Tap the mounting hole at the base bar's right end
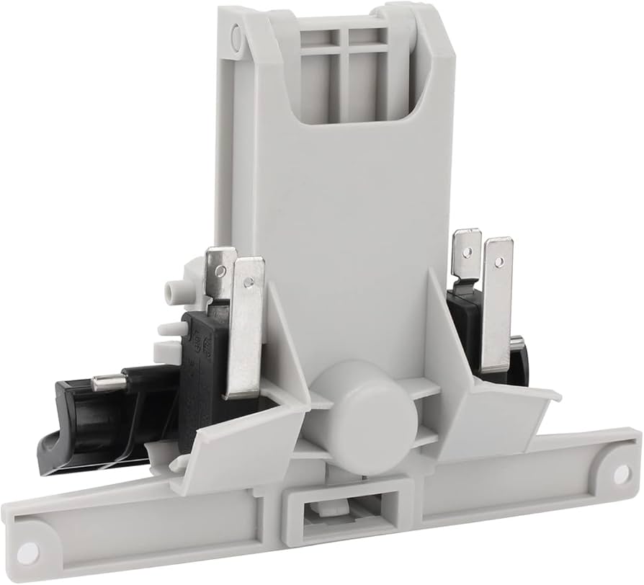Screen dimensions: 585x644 tap(620, 473)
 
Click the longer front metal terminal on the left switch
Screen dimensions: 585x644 tap(246, 324)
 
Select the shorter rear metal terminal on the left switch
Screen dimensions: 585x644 tap(219, 274)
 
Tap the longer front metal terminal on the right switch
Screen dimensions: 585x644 tap(497, 303)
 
